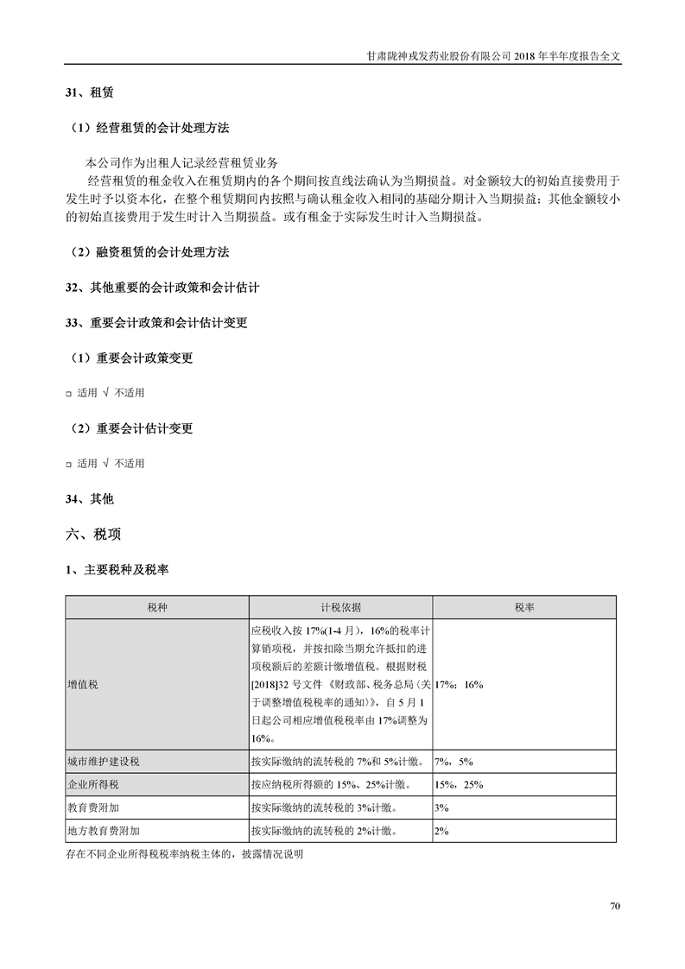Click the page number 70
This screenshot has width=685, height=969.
coord(615,906)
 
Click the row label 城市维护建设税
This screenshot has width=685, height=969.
coord(103,762)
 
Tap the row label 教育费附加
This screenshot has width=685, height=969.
coord(93,807)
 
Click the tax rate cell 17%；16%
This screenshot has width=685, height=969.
coord(460,684)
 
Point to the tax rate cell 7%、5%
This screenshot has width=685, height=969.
coord(453,762)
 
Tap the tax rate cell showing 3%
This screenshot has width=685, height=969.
coord(441,807)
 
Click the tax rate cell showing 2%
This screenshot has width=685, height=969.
coord(441,831)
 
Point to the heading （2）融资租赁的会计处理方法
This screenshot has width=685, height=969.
coord(149,252)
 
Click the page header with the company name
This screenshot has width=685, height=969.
coord(493,54)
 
